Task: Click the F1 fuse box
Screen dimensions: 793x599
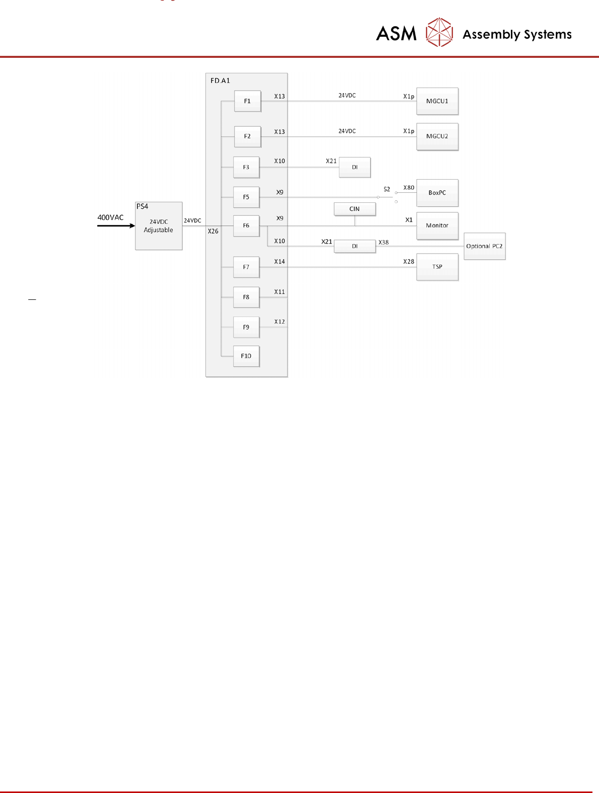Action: coord(247,101)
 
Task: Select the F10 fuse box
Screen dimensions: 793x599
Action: coord(246,356)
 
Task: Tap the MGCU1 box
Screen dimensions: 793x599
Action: coord(437,101)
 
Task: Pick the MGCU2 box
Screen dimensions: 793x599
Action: coord(437,136)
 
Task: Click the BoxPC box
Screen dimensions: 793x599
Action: coord(437,193)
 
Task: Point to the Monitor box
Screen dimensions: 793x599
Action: coord(437,225)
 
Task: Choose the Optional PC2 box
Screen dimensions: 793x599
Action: coord(484,246)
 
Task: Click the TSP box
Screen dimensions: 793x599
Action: coord(437,267)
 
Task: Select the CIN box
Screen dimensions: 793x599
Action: coord(354,209)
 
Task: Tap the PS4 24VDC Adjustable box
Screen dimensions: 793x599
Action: coord(159,226)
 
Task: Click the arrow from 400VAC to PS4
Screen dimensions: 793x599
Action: coord(116,225)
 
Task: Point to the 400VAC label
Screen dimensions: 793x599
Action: coord(110,217)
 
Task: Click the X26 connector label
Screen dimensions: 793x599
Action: coord(213,231)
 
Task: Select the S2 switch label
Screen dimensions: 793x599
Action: coord(387,189)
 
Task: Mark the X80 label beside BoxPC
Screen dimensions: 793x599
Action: coord(409,188)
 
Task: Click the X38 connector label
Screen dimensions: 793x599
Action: coord(384,243)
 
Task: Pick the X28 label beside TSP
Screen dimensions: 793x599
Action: coord(409,262)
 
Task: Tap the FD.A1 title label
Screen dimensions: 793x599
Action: coord(220,81)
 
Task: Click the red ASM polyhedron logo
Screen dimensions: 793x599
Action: coord(439,33)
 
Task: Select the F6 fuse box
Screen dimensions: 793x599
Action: coord(246,225)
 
